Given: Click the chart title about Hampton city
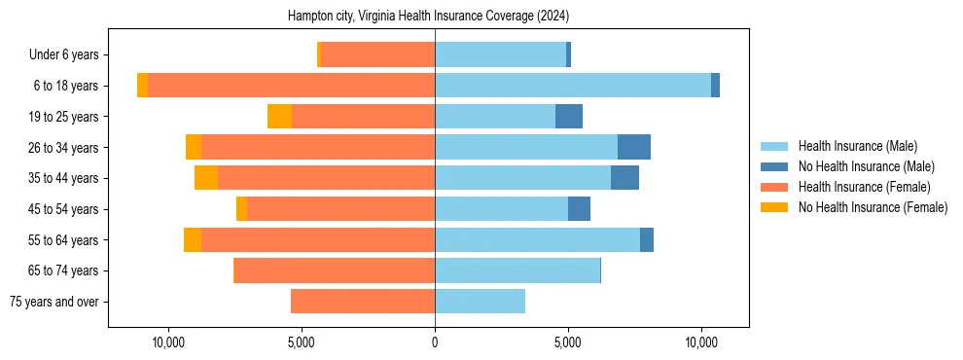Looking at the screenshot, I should click(x=428, y=17).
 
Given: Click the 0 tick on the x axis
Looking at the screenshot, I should click(x=435, y=343).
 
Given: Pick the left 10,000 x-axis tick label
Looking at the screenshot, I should click(x=168, y=343).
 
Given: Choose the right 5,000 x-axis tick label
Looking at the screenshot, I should click(x=568, y=343).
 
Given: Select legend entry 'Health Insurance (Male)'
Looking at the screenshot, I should click(x=857, y=147).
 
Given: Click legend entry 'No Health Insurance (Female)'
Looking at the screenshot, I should click(x=873, y=207).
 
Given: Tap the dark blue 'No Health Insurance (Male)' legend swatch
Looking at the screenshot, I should click(x=775, y=167).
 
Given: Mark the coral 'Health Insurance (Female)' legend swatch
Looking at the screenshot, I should click(x=775, y=187).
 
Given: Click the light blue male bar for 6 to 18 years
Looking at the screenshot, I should click(x=573, y=86).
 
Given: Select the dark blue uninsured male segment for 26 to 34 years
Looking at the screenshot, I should click(x=634, y=147).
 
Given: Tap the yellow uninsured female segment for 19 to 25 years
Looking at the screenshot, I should click(x=279, y=117).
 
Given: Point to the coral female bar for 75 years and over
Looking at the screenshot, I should click(x=363, y=302).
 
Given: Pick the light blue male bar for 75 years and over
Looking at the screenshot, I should click(x=480, y=302).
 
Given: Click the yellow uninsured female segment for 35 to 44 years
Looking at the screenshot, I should click(x=206, y=178).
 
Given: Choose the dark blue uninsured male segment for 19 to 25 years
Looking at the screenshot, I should click(x=569, y=117).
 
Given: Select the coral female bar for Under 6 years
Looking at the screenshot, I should click(x=377, y=55).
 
